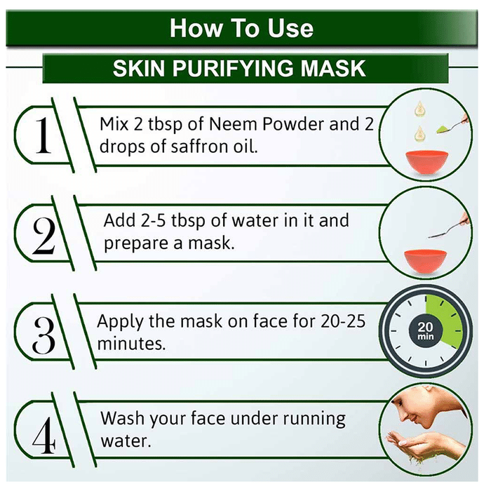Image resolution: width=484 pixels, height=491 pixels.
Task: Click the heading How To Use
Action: (241, 28)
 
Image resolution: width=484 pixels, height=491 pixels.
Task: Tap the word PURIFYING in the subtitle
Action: (233, 68)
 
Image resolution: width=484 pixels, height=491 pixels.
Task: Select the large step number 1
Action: (43, 135)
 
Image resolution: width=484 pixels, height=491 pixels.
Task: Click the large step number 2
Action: (43, 236)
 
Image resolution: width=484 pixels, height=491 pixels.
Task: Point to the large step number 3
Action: (43, 335)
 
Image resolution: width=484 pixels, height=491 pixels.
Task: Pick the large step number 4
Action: (44, 436)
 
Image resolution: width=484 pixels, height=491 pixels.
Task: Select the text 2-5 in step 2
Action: (153, 220)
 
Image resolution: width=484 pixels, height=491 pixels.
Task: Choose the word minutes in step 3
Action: (131, 344)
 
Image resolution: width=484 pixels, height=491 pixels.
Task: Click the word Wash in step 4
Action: (123, 418)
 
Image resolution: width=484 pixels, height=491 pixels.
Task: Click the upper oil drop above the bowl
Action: (419, 109)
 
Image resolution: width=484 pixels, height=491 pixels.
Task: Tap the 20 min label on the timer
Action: (426, 331)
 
